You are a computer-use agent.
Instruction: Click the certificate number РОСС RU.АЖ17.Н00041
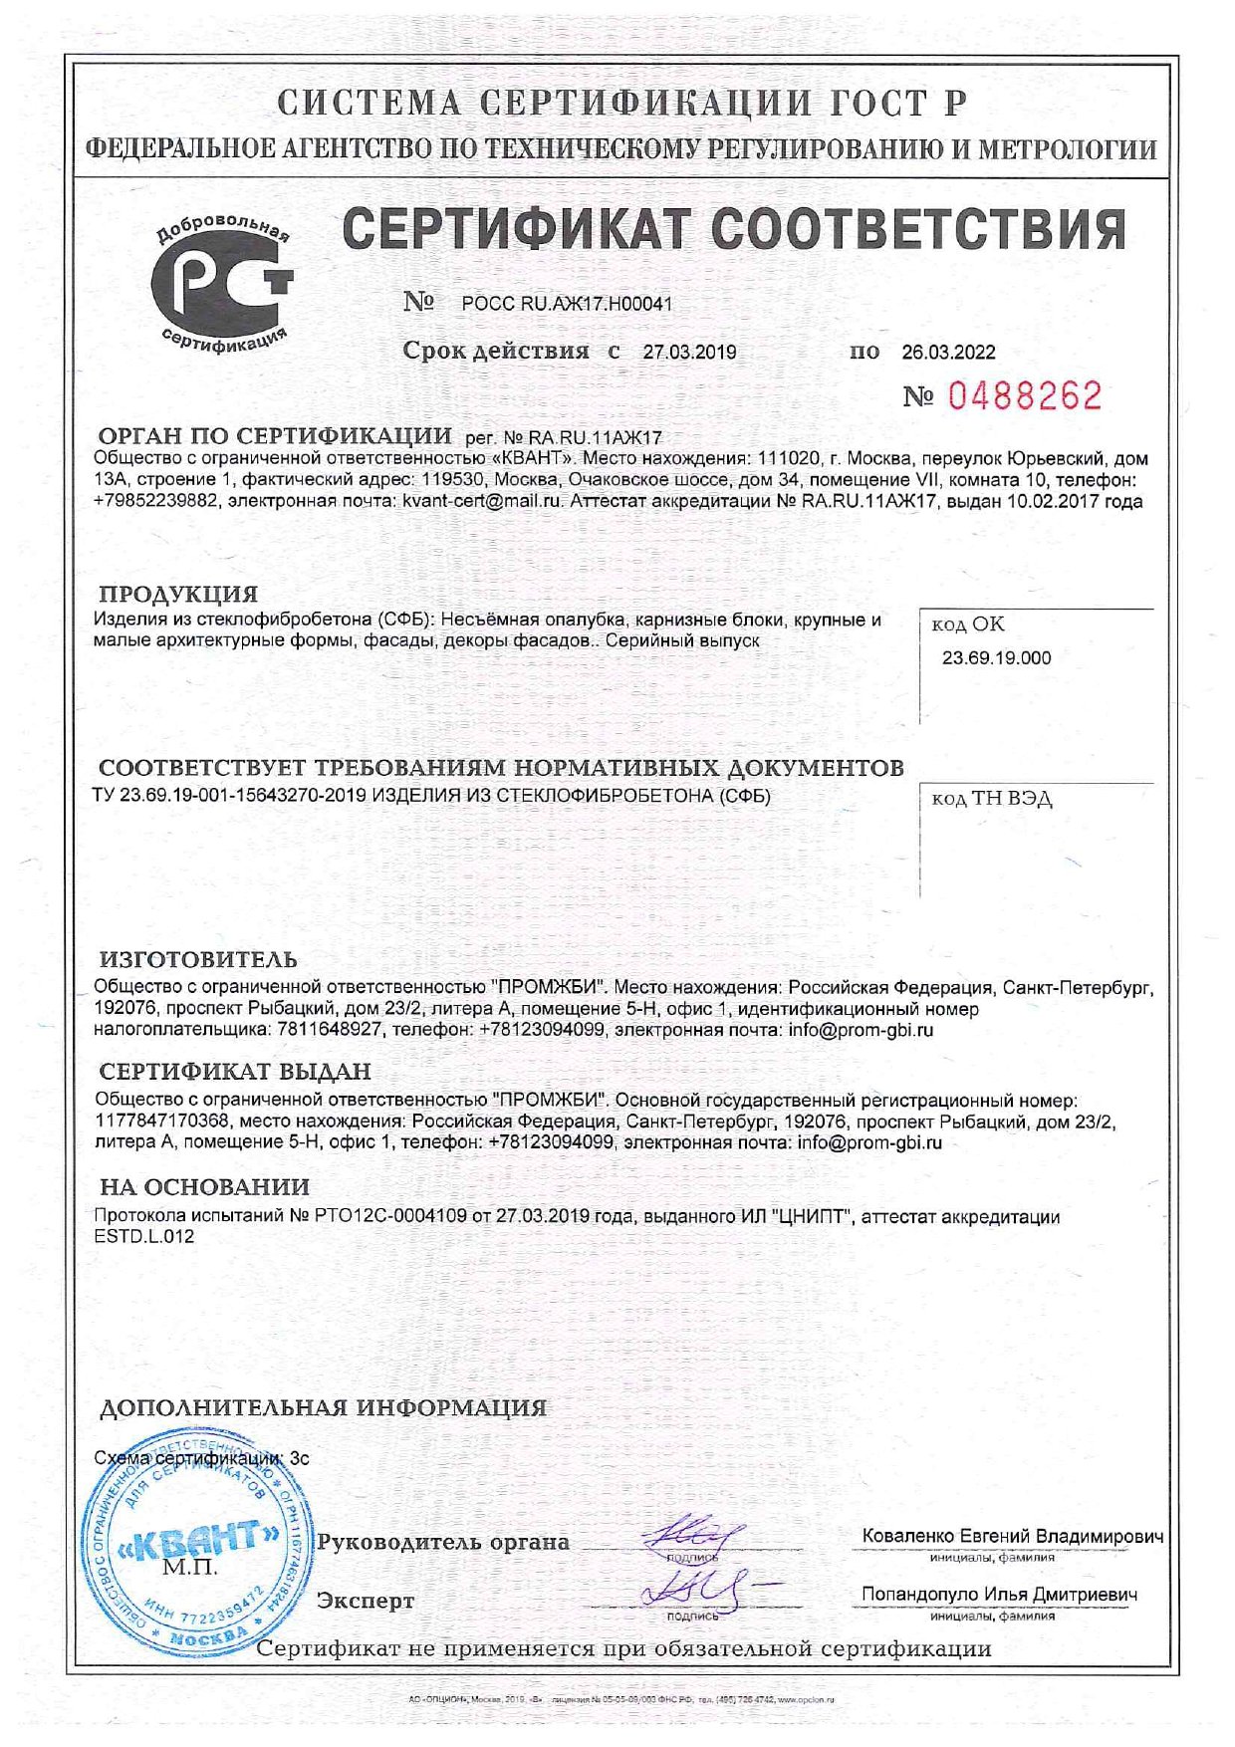pos(567,304)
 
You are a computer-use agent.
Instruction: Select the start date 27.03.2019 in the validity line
pos(689,352)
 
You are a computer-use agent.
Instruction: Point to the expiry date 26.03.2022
pos(948,352)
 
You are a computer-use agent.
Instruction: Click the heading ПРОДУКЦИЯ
pos(178,595)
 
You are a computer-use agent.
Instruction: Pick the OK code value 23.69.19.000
pos(996,657)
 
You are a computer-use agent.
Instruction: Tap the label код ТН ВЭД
pos(991,799)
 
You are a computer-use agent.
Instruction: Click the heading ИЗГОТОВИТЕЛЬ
pos(198,960)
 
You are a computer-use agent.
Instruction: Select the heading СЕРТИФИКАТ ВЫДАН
pos(235,1072)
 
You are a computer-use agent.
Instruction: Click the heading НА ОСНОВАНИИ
pos(204,1187)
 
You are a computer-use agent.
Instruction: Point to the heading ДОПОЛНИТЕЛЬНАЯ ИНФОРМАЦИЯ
pos(323,1408)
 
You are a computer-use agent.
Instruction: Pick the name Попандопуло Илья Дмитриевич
pos(999,1594)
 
